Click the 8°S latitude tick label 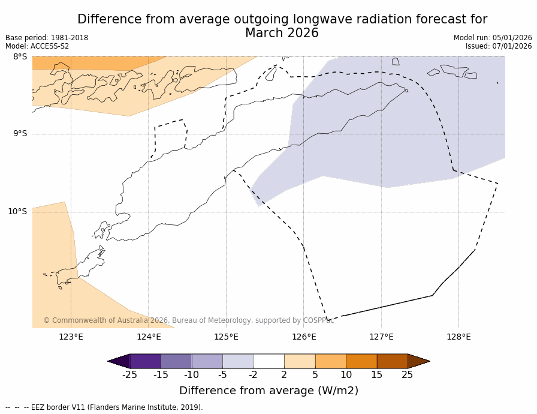[x=20, y=57]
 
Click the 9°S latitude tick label [x=20, y=134]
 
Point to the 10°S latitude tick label [x=17, y=211]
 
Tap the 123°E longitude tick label [x=71, y=337]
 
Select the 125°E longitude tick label [x=226, y=337]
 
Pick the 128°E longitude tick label [x=458, y=337]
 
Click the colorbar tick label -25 [x=129, y=375]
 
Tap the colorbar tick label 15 [x=376, y=375]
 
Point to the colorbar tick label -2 [x=253, y=375]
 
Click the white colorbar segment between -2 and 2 [x=268, y=361]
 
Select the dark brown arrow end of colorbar [x=418, y=361]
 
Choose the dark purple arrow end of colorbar [x=119, y=361]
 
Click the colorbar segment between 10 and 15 [x=361, y=361]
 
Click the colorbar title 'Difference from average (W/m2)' [x=268, y=391]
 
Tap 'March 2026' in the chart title [x=282, y=33]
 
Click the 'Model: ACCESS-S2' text [x=37, y=46]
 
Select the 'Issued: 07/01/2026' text [x=499, y=46]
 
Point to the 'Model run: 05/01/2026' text [x=493, y=38]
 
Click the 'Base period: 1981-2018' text [x=47, y=38]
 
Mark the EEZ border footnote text [x=104, y=407]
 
